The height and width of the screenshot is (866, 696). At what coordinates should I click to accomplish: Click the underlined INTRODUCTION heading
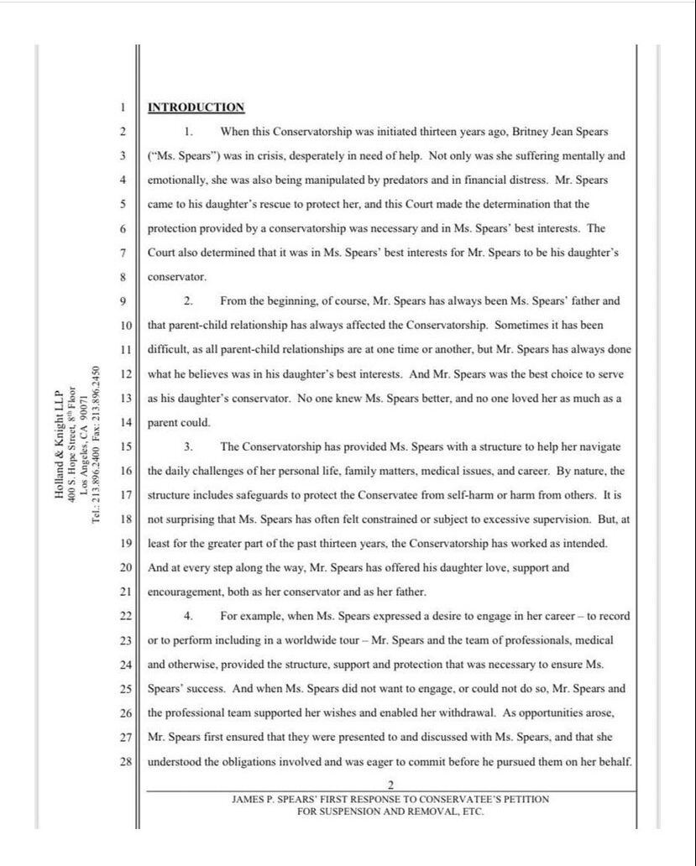pyautogui.click(x=196, y=107)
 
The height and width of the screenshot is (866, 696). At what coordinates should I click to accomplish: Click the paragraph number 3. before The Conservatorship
pyautogui.click(x=189, y=446)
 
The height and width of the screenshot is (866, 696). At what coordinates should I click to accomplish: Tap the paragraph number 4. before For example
pyautogui.click(x=189, y=616)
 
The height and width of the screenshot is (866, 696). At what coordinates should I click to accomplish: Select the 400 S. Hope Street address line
pyautogui.click(x=71, y=445)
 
